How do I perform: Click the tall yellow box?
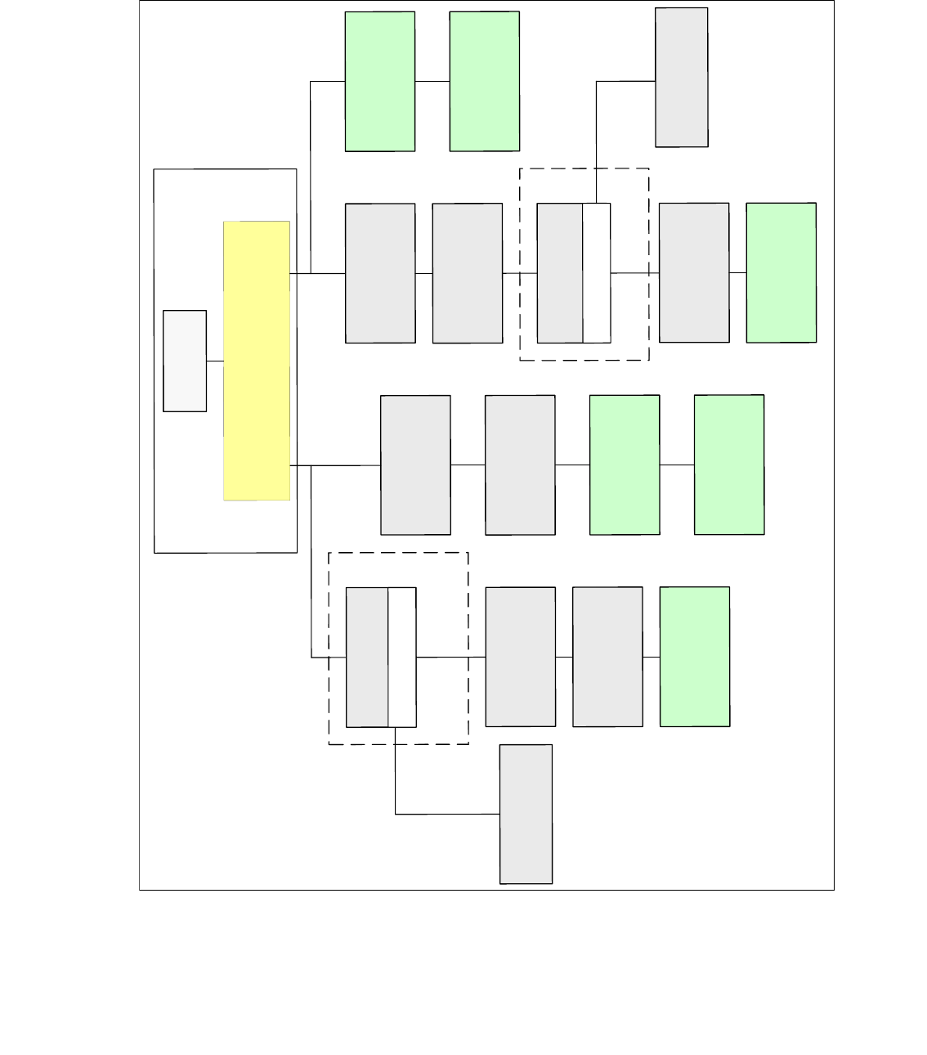pos(257,360)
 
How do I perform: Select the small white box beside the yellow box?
pos(185,361)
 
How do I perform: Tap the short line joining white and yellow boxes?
pos(215,361)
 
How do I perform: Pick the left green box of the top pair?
pos(380,81)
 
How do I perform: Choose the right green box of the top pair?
pos(485,81)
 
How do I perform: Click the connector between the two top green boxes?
pos(432,81)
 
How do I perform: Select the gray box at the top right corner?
pos(682,78)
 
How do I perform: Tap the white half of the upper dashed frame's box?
pos(597,273)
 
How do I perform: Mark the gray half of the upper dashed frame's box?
pos(560,273)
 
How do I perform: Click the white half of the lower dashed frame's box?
pos(402,657)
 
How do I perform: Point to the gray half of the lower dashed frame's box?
pos(367,657)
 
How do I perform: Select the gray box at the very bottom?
pos(526,814)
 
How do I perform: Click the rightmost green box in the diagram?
pos(781,272)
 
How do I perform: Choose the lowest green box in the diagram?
pos(695,656)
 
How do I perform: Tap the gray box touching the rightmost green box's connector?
pos(694,272)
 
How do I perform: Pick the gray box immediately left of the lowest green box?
pos(607,657)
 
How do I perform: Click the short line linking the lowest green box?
pos(652,657)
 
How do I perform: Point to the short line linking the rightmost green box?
pos(738,272)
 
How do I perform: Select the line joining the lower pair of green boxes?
pos(677,465)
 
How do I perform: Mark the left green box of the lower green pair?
pos(625,465)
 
